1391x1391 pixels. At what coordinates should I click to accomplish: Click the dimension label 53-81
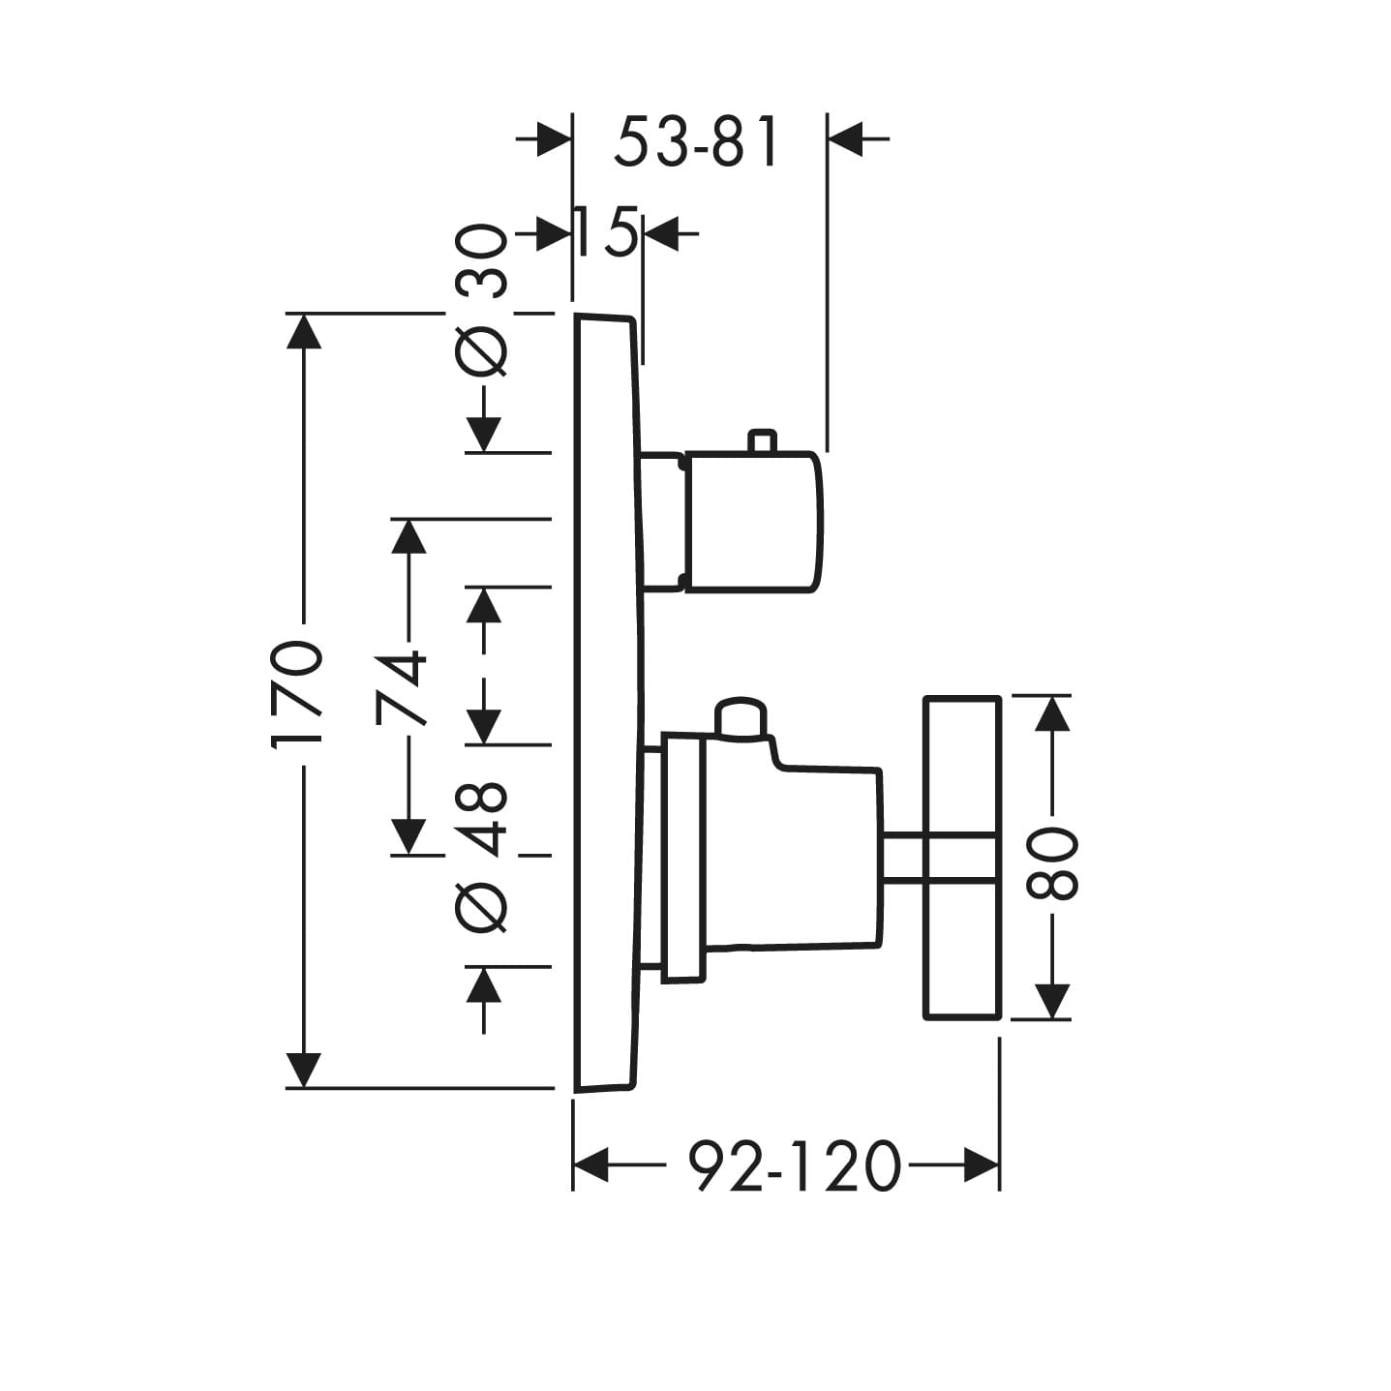point(697,141)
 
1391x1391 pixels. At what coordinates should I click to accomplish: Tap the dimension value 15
point(606,233)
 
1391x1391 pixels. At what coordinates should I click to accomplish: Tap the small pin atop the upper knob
point(760,440)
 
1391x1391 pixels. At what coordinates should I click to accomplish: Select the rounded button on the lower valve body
point(740,718)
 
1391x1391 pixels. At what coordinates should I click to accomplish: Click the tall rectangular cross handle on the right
point(960,857)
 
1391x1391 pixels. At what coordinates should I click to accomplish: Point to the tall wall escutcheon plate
point(606,702)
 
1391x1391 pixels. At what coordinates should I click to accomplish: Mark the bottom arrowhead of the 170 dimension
point(304,1069)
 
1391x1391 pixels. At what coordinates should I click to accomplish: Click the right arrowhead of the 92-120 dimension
point(980,1164)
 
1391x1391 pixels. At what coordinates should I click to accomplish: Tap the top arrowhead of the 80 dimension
point(1052,714)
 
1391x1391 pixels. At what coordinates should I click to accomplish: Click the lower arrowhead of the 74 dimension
point(408,835)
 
